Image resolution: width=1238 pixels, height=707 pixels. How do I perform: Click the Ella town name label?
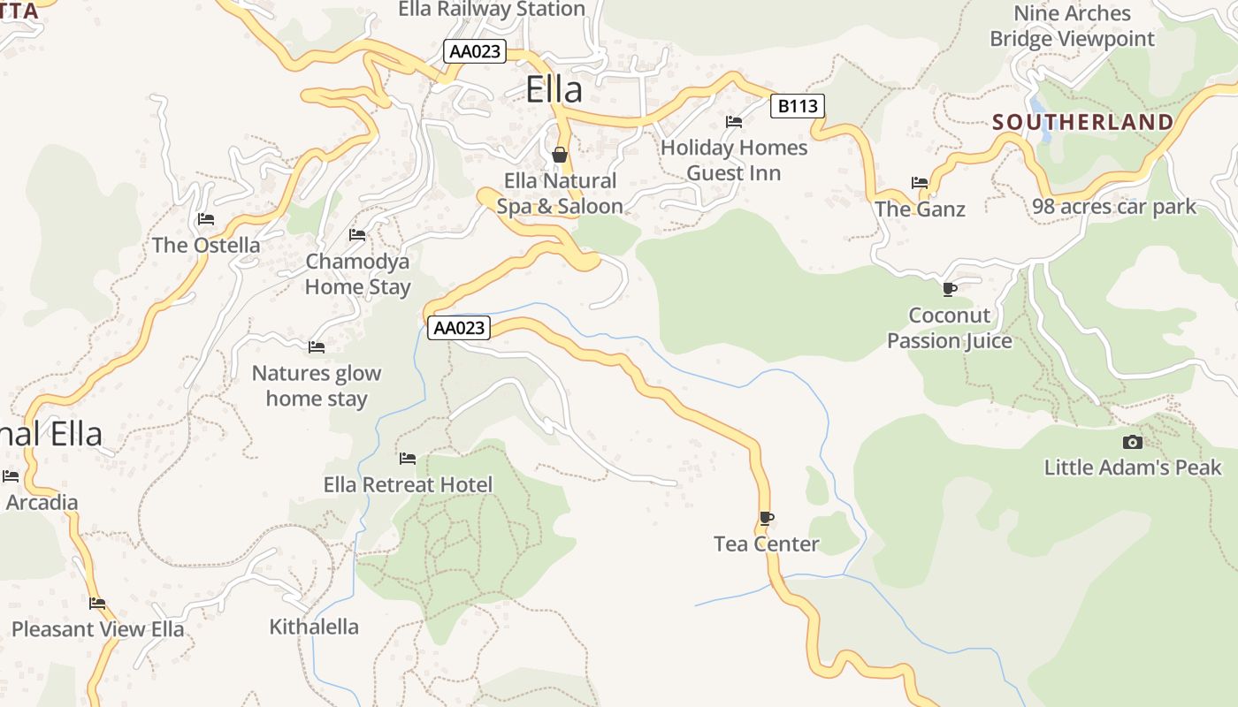coord(554,89)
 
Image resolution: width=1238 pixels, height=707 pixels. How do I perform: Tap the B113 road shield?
coord(797,107)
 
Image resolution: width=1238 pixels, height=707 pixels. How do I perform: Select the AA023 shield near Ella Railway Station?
coord(475,51)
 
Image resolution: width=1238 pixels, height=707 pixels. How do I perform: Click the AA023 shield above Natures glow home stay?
coord(458,328)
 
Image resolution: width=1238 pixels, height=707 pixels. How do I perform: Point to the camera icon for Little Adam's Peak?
coord(1132,442)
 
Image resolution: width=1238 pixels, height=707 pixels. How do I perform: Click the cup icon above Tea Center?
coord(766,518)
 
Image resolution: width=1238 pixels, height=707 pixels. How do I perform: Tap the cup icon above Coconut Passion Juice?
coord(950,289)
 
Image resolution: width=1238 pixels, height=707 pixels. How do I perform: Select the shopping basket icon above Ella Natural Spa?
coord(560,156)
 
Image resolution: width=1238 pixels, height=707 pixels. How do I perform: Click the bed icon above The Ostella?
coord(206,219)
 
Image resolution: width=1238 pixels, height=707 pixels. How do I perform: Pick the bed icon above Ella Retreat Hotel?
coord(408,459)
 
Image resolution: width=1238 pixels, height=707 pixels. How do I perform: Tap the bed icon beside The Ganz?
coord(920,184)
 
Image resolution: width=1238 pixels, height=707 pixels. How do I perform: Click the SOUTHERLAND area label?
coord(1082,122)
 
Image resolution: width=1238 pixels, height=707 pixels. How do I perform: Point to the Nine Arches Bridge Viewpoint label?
coord(1072,27)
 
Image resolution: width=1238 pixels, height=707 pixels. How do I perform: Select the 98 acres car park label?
coord(1114,207)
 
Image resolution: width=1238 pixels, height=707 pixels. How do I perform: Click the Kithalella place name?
coord(314,627)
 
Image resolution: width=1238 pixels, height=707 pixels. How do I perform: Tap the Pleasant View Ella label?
coord(98,629)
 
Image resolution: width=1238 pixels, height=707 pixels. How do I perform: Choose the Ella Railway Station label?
coord(492,10)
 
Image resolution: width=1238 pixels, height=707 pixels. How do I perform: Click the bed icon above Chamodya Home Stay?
coord(357,235)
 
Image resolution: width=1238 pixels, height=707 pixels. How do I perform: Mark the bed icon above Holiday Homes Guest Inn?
coord(733,122)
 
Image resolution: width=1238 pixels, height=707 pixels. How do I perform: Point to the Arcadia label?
coord(42,503)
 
